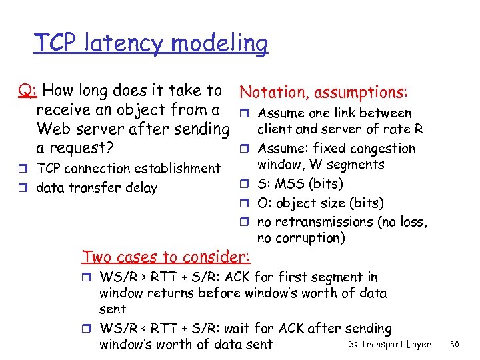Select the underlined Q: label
27,91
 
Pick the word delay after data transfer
139,188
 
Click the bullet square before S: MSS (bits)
245,184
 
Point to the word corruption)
311,238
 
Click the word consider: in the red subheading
221,257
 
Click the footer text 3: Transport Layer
389,344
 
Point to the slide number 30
456,344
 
